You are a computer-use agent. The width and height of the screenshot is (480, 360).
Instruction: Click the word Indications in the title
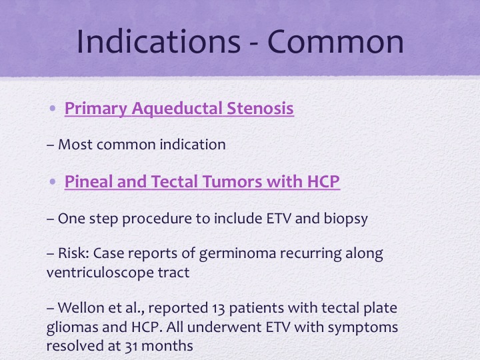[159, 41]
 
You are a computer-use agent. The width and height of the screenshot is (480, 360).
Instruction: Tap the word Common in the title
[336, 41]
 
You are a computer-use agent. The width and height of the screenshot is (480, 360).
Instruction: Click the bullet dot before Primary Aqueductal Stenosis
[53, 108]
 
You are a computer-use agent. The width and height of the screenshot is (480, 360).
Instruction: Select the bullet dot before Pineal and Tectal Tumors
[53, 181]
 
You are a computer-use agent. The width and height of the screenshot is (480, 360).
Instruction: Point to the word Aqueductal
[177, 109]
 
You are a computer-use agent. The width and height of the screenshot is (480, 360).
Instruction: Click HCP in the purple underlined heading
[323, 181]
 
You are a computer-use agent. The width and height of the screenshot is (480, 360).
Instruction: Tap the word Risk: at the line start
[73, 253]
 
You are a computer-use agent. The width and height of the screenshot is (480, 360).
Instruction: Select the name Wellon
[81, 307]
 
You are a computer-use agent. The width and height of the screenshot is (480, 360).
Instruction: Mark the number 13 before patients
[219, 308]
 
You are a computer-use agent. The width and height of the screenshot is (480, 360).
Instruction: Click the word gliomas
[72, 327]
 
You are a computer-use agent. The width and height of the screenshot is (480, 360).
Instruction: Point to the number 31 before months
[131, 346]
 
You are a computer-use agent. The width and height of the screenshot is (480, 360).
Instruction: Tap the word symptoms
[363, 327]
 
